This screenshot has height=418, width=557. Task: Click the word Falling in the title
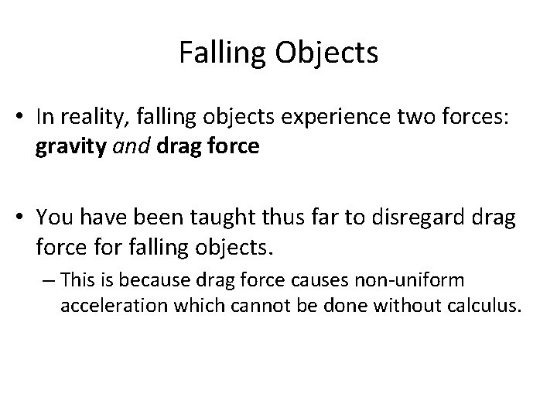click(214, 53)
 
